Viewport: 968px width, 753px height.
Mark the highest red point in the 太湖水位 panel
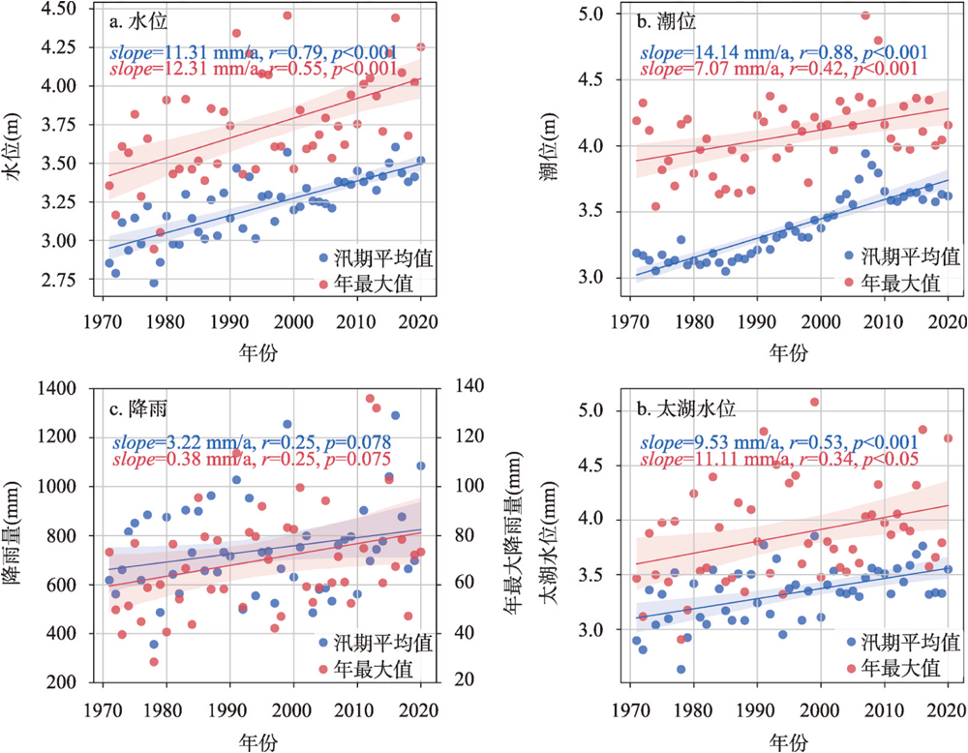tap(814, 402)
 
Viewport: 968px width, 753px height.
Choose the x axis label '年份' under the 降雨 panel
tap(261, 741)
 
